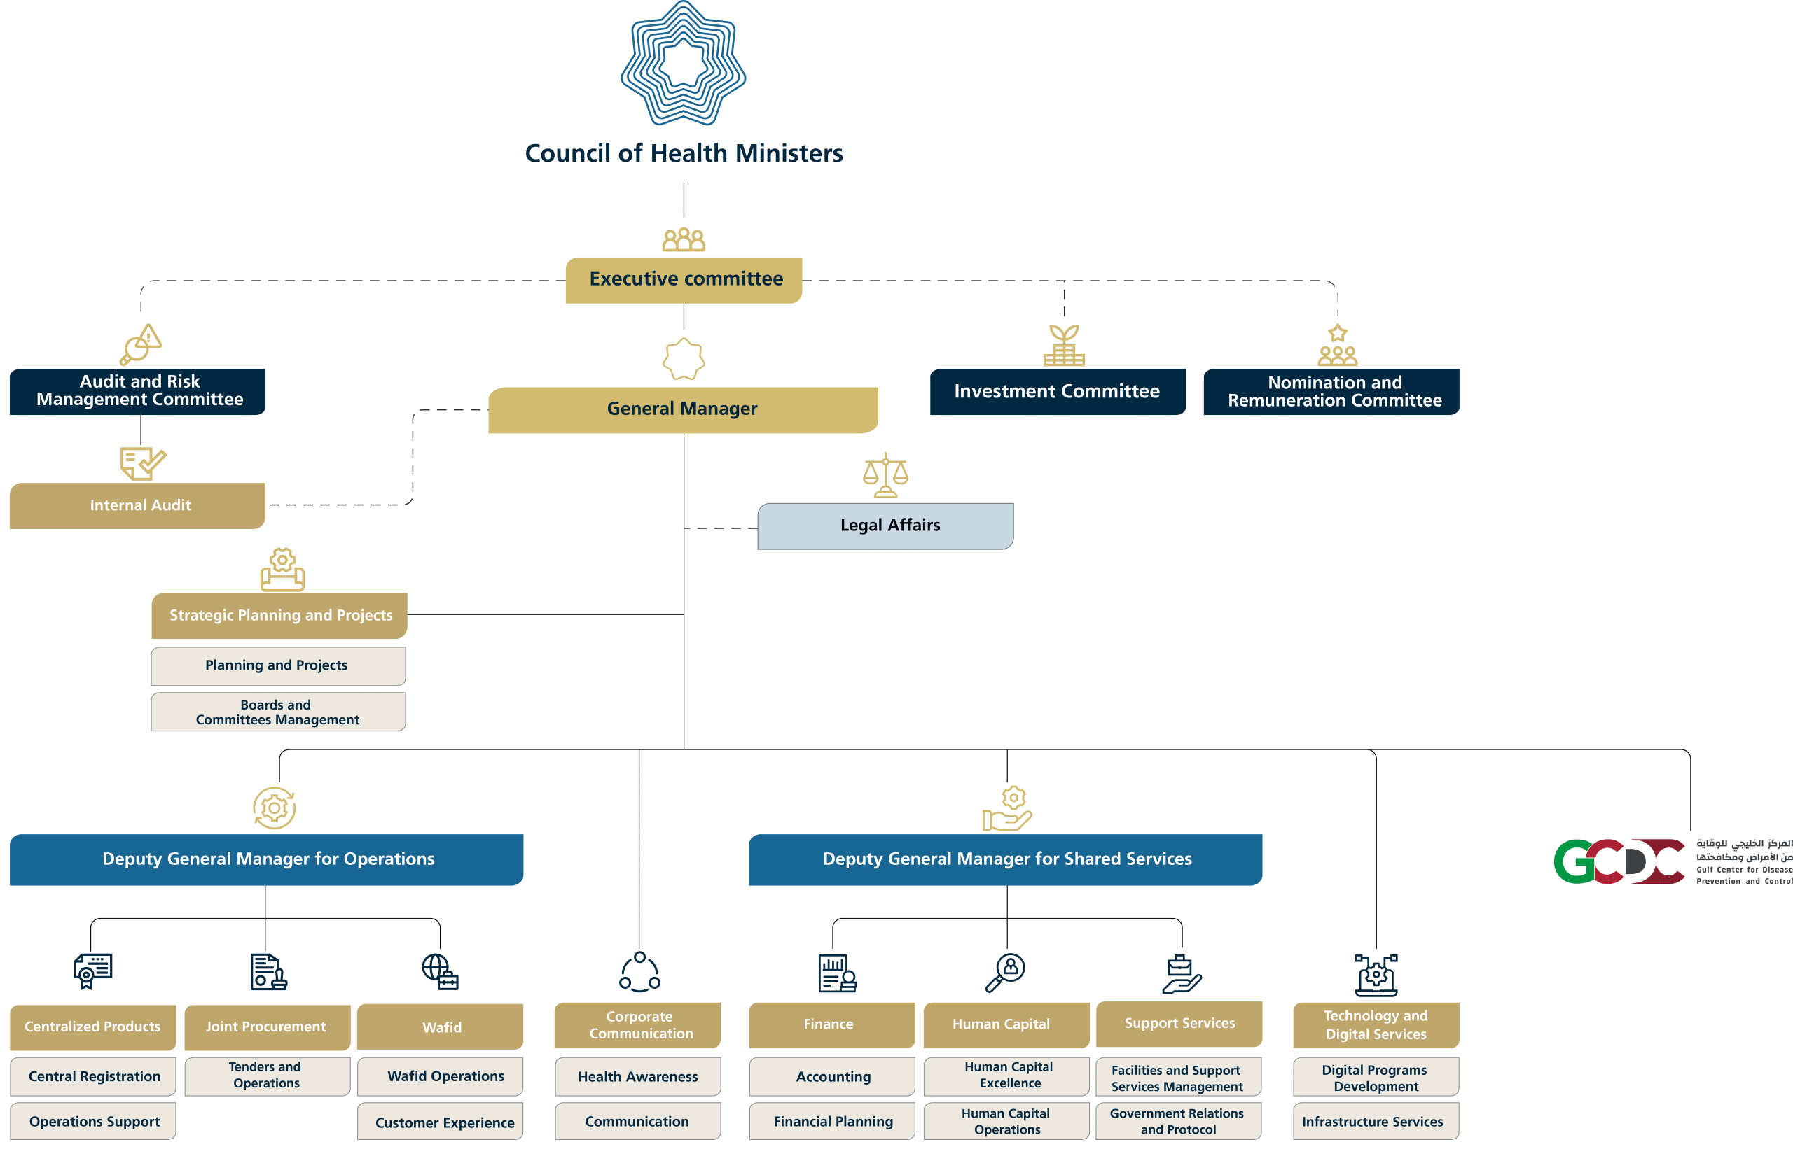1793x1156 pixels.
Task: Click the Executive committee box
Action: (x=684, y=279)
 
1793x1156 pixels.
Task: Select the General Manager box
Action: (x=682, y=409)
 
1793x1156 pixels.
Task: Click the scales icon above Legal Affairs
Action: (x=885, y=475)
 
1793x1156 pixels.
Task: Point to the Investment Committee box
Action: (x=1057, y=391)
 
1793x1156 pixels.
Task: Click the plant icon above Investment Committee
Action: (x=1064, y=344)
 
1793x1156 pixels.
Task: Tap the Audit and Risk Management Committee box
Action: (x=138, y=390)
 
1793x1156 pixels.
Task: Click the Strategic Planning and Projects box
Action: (x=279, y=616)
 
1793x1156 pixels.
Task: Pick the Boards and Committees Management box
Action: (x=278, y=712)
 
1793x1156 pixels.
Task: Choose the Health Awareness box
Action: (x=638, y=1076)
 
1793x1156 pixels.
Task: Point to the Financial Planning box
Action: (x=832, y=1122)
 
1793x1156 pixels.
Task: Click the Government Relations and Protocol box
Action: (x=1178, y=1122)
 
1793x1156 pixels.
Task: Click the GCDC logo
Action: (x=1618, y=861)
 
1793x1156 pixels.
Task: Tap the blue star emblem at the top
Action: (x=683, y=64)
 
